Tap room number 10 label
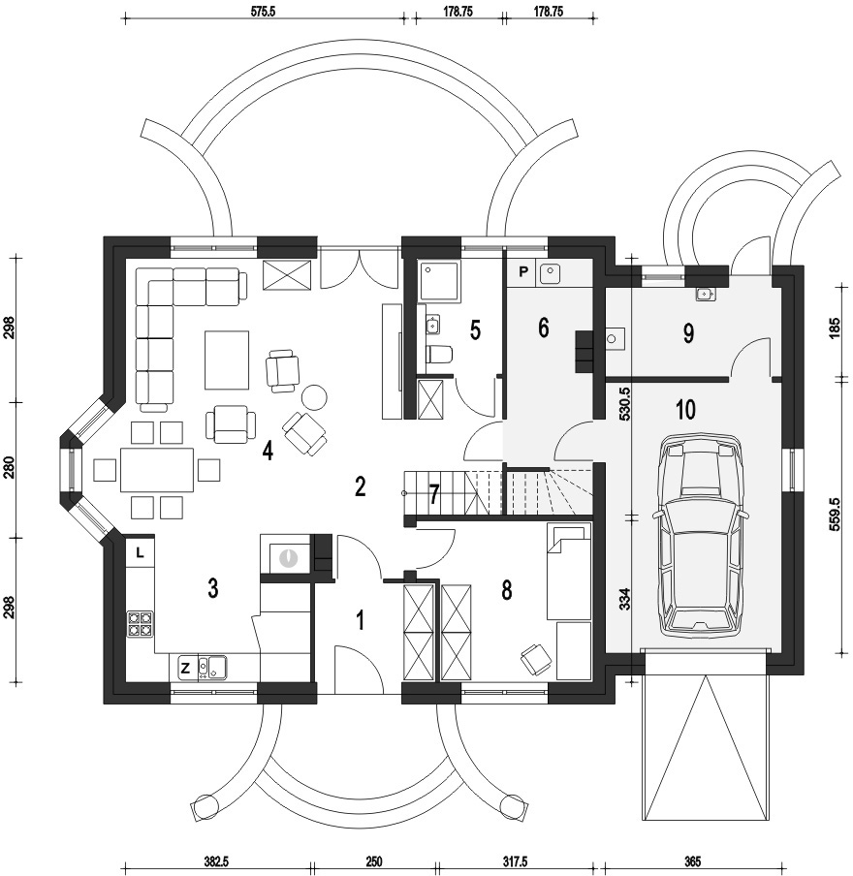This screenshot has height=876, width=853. point(685,410)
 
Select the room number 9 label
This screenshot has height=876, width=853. point(688,333)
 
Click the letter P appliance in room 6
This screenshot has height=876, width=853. point(522,272)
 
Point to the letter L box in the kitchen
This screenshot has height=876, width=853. point(140,553)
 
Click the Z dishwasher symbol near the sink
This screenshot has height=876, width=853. point(186,667)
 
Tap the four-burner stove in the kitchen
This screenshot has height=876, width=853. point(140,623)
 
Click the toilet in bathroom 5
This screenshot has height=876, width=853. point(439,353)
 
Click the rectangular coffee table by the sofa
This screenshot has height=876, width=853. point(227,360)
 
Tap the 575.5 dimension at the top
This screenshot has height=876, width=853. point(264,12)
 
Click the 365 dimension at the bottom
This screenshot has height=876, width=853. point(691,861)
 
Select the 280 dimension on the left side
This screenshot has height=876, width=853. point(9,469)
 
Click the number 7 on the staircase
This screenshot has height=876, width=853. point(434,494)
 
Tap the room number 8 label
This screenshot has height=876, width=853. point(506,590)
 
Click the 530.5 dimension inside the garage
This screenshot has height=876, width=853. point(625,404)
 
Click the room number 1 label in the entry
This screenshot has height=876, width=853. point(361,620)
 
